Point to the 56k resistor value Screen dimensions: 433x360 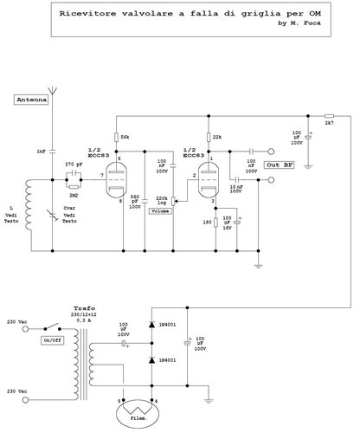(125, 137)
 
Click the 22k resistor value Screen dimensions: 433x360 (216, 137)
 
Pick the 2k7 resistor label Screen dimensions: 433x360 (329, 125)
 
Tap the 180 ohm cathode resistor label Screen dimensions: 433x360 (206, 222)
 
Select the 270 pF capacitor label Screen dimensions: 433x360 (74, 163)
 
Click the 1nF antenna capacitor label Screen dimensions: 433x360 (41, 152)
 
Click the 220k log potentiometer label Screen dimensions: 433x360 (160, 199)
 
